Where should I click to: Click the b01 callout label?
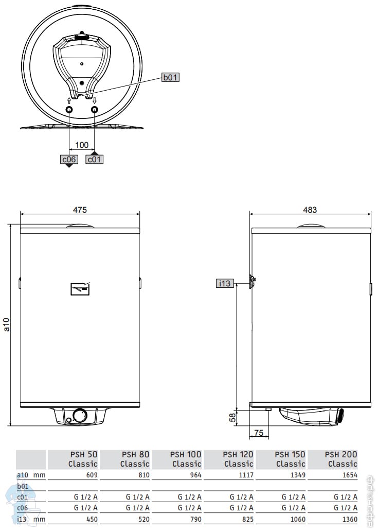tap(170, 78)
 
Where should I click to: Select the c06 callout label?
tap(69, 160)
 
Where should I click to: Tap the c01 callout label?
tap(94, 160)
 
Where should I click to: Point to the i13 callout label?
tap(225, 283)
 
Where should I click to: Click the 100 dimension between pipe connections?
tap(82, 145)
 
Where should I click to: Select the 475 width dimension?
tap(80, 210)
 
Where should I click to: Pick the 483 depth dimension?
tap(310, 210)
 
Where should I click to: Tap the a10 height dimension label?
tap(6, 325)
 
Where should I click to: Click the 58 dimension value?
tap(232, 417)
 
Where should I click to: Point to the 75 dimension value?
tap(259, 433)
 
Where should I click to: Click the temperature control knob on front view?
tap(80, 416)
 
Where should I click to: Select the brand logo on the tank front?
tap(80, 289)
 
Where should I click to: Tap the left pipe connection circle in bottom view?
tap(69, 110)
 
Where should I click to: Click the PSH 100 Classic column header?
tap(186, 459)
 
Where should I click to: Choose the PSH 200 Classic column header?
tap(342, 459)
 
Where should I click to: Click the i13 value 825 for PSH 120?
tap(247, 520)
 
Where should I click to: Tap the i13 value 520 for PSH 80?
tap(143, 520)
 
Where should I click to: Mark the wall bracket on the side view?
tap(252, 281)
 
